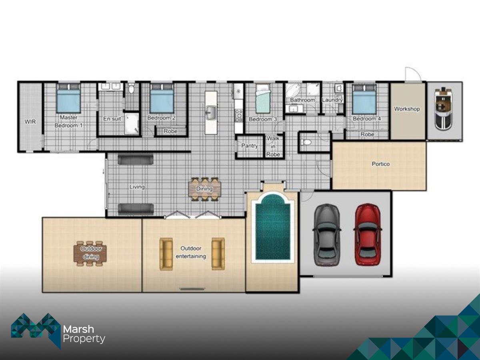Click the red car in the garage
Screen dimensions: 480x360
[368, 234]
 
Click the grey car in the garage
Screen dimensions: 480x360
[327, 235]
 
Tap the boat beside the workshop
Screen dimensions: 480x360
[443, 108]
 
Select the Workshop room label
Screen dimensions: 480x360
[407, 109]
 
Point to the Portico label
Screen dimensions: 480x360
[381, 164]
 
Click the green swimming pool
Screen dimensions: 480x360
[273, 227]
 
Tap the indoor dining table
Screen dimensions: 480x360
[205, 189]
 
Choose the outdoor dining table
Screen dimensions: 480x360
[90, 254]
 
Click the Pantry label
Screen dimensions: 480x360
[250, 146]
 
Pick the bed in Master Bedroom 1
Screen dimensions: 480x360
[69, 98]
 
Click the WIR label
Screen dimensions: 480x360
[30, 122]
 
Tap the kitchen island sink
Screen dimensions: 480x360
[211, 113]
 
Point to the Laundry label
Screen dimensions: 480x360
[332, 100]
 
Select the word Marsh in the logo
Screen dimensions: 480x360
[78, 329]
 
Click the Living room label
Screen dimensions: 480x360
[137, 187]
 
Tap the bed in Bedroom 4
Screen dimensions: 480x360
[364, 100]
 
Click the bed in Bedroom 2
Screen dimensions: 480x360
[162, 98]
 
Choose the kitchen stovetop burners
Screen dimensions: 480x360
[238, 116]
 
